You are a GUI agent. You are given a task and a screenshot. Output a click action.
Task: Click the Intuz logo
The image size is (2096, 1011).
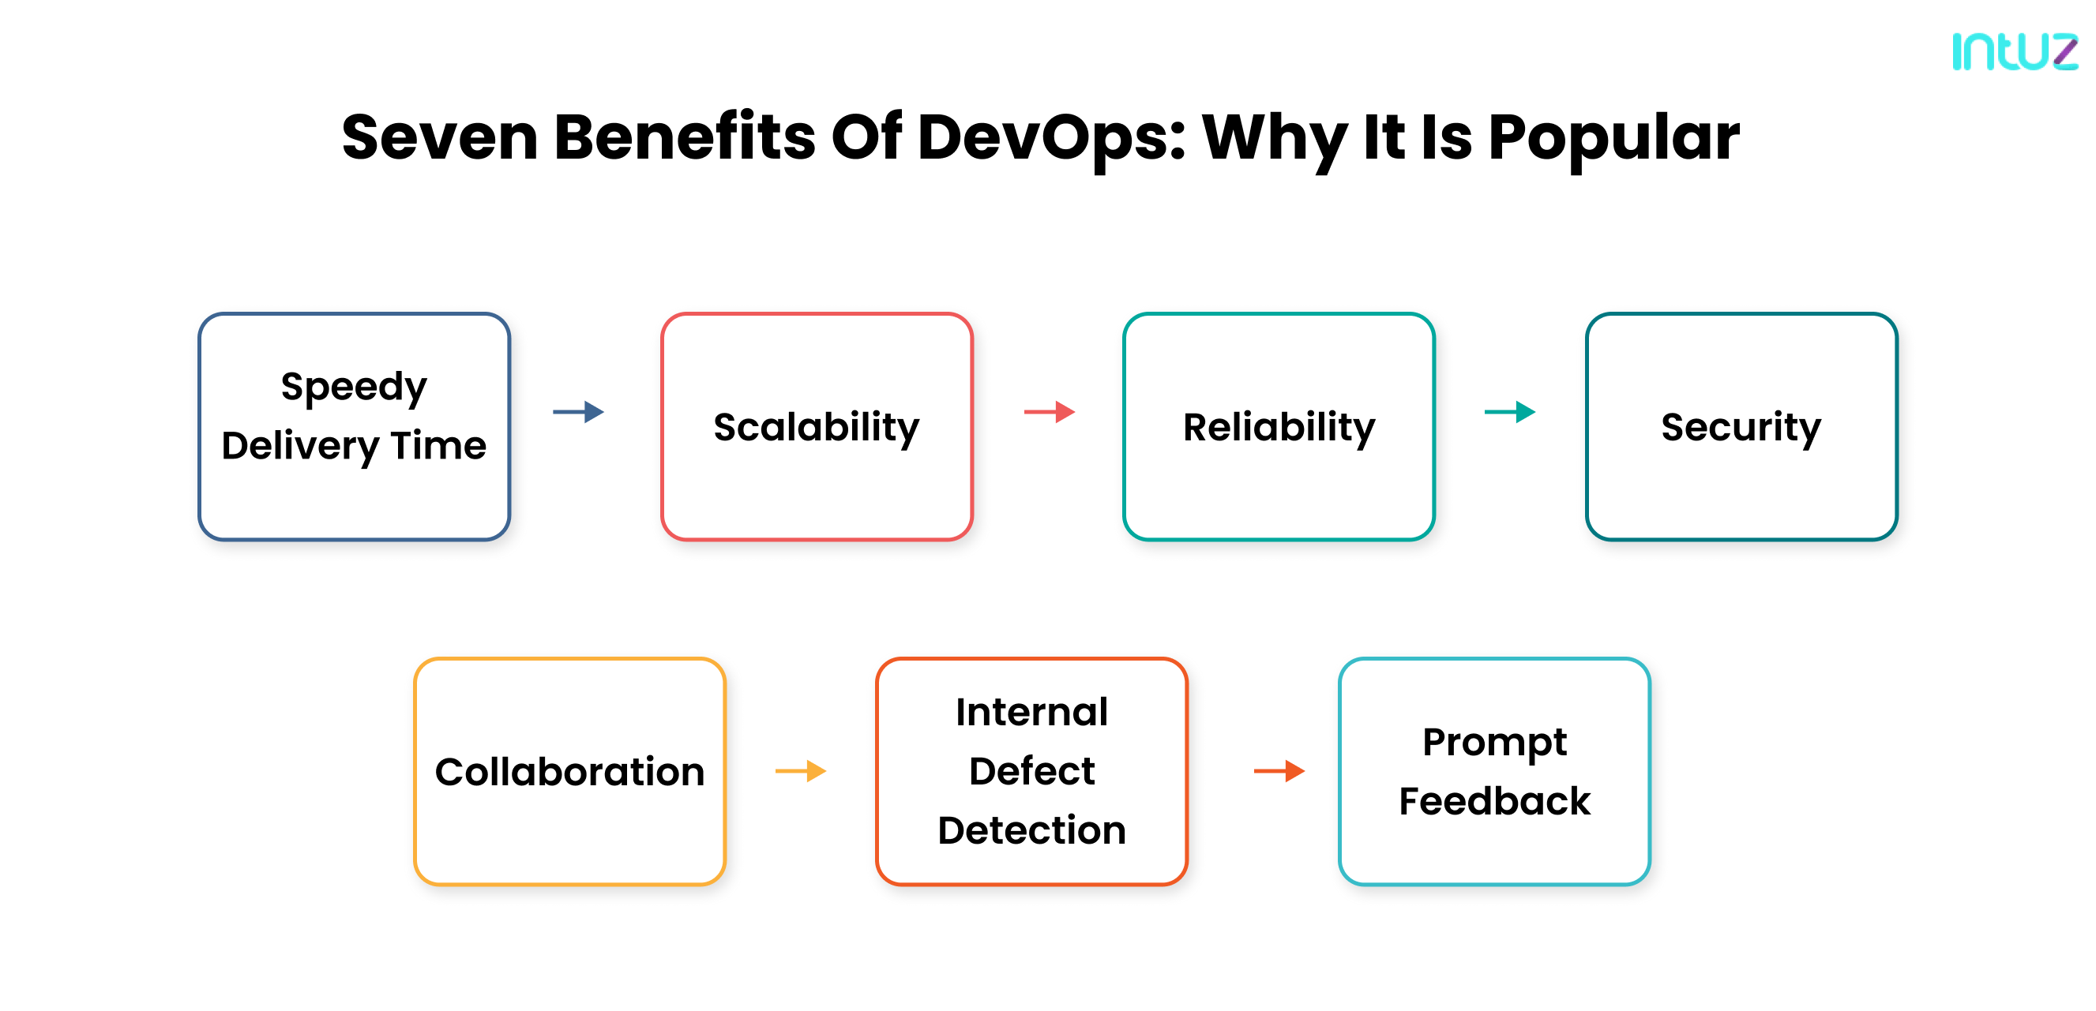[x=2014, y=51]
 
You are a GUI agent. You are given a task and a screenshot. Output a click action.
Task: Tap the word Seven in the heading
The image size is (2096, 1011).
[x=439, y=137]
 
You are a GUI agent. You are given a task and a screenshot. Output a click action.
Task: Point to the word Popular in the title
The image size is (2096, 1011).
[x=1613, y=137]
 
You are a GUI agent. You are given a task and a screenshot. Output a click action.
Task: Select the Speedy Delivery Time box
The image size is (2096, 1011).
[x=354, y=426]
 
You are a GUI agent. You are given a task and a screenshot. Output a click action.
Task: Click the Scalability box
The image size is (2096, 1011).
[x=816, y=426]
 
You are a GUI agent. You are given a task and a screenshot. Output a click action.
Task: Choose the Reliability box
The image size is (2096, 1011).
[x=1279, y=426]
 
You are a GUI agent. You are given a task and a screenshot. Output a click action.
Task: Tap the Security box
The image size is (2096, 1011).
[x=1741, y=426]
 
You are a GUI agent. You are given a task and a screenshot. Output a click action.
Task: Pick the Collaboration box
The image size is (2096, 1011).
[x=569, y=771]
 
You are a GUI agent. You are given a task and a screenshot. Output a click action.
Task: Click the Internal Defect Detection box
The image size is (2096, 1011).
[x=1031, y=771]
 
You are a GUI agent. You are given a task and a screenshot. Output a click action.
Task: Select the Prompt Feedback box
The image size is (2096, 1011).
[x=1494, y=771]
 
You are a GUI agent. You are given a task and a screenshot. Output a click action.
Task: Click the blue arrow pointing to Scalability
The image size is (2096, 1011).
[x=579, y=411]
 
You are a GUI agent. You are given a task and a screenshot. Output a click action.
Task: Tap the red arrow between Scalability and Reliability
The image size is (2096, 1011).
[x=1049, y=411]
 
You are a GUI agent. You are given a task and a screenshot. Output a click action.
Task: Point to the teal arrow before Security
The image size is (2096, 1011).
[x=1509, y=411]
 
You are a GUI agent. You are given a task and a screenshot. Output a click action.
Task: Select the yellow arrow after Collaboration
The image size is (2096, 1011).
[x=801, y=770]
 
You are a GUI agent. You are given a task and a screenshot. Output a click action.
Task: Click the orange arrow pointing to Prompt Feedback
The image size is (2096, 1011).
[x=1279, y=770]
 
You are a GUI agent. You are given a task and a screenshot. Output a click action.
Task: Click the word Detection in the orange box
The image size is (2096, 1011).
[x=1031, y=830]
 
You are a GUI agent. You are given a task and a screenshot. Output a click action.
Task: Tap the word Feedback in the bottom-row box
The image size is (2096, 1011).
[x=1494, y=801]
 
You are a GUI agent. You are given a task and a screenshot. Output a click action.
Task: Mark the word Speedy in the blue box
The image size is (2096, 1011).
[x=354, y=387]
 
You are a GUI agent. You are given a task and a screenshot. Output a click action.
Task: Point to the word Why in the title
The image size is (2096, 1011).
[x=1273, y=137]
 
